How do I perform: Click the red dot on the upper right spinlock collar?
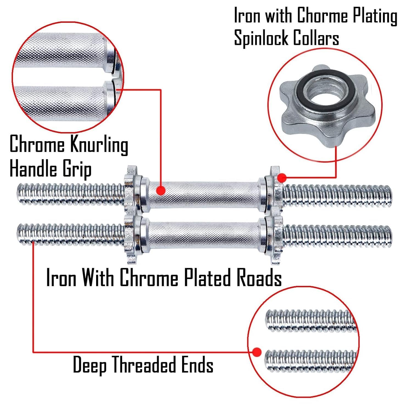pos(282,178)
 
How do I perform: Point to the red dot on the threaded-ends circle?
pos(257,352)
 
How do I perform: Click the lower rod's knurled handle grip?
pos(204,235)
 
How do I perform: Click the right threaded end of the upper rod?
pos(337,196)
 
